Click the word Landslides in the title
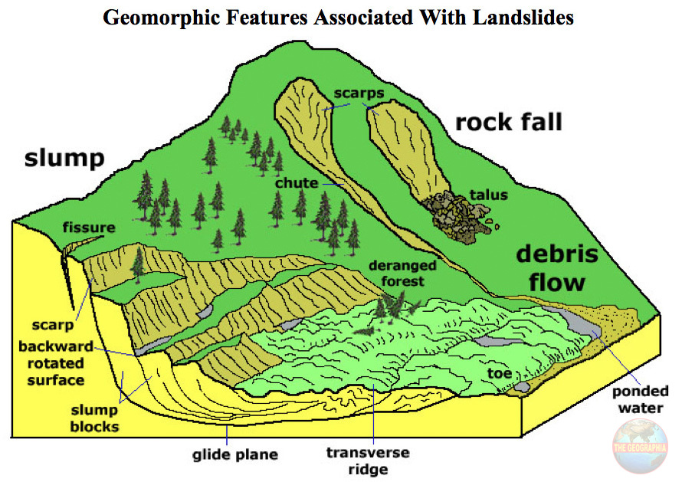click(x=516, y=17)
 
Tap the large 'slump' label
click(x=64, y=159)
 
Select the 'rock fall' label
click(x=509, y=121)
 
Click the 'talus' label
click(x=488, y=195)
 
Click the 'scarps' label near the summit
click(x=359, y=94)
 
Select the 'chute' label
click(x=297, y=184)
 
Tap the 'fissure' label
click(x=90, y=228)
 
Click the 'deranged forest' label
click(x=402, y=274)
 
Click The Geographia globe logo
click(x=639, y=449)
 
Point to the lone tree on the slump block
click(x=138, y=261)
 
